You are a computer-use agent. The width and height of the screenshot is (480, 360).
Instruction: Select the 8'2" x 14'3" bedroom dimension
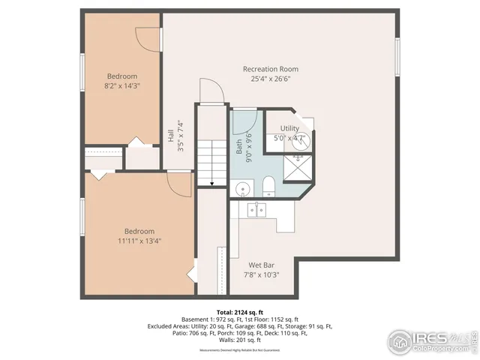click(122, 86)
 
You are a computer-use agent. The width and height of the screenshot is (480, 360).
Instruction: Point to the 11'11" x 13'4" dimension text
click(139, 241)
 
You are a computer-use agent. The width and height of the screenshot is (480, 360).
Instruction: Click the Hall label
click(171, 136)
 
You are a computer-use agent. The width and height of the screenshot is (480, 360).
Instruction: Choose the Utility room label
click(289, 129)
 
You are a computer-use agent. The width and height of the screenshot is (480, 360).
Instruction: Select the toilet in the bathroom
click(268, 187)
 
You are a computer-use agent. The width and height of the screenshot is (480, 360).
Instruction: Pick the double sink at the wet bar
click(256, 209)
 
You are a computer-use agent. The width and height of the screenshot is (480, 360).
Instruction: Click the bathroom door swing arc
click(244, 120)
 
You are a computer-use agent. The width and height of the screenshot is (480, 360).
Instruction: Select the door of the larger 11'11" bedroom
click(180, 180)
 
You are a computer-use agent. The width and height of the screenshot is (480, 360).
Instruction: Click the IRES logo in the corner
click(430, 340)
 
